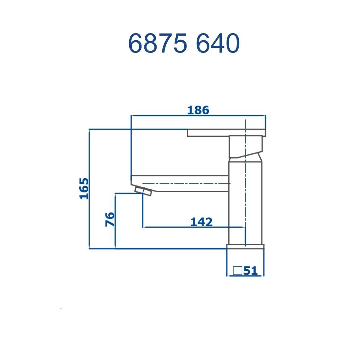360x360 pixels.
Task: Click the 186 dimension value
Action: coord(198,110)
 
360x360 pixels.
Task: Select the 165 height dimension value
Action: coord(84,188)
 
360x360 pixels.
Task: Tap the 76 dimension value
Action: coord(110,219)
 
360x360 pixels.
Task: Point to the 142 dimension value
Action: coord(201,222)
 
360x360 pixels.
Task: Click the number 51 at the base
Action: coord(251,271)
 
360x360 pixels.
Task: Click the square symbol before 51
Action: coord(237,270)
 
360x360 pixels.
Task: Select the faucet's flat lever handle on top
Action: coord(226,132)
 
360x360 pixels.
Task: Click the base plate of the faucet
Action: coord(245,246)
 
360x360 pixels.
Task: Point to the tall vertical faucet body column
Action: coord(245,202)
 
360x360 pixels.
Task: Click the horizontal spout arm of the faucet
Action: coord(180,183)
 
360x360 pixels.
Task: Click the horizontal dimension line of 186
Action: coord(162,116)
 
